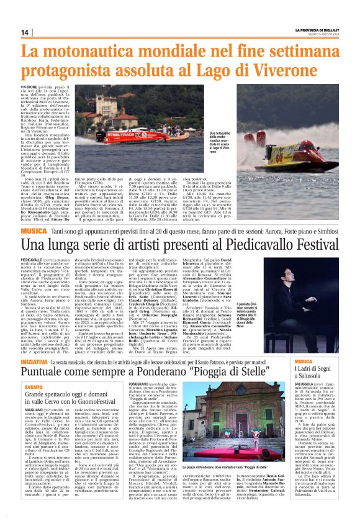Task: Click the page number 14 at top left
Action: point(25,32)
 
